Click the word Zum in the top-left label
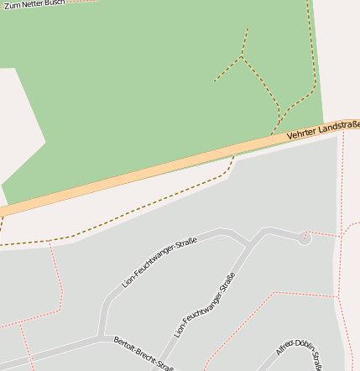12,6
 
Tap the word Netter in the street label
32,4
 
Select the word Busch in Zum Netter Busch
55,3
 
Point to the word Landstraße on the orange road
340,126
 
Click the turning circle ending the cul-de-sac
304,238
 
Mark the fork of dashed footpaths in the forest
243,56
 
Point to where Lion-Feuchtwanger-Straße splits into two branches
249,244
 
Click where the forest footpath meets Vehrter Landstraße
273,133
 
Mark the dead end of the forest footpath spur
215,81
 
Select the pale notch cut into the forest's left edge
21,126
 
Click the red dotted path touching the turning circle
323,233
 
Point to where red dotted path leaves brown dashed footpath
50,242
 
